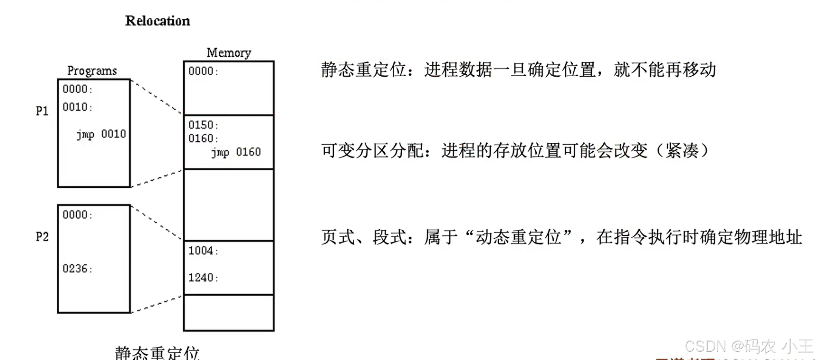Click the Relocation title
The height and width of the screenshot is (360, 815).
point(157,21)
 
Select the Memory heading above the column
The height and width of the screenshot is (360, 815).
point(228,53)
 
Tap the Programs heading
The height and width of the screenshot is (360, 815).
point(92,71)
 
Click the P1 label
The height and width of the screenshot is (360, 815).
point(42,111)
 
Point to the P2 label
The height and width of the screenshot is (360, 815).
point(42,237)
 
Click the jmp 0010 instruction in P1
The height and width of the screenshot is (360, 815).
point(101,134)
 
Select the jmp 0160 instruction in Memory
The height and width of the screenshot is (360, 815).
point(236,152)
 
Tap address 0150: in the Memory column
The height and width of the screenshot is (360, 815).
point(203,125)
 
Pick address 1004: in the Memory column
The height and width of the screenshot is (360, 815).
point(203,251)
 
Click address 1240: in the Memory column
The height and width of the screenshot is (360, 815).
point(203,278)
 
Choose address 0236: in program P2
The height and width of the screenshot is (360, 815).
point(77,269)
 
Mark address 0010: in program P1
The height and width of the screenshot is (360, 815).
point(77,107)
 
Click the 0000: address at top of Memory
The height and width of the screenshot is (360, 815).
point(203,71)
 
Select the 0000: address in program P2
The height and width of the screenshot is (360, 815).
point(77,215)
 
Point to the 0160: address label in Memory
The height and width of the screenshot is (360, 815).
point(203,139)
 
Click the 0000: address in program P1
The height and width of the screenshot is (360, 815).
point(77,89)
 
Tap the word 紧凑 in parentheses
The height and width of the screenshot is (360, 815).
point(682,151)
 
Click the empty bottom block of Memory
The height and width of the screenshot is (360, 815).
point(228,313)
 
